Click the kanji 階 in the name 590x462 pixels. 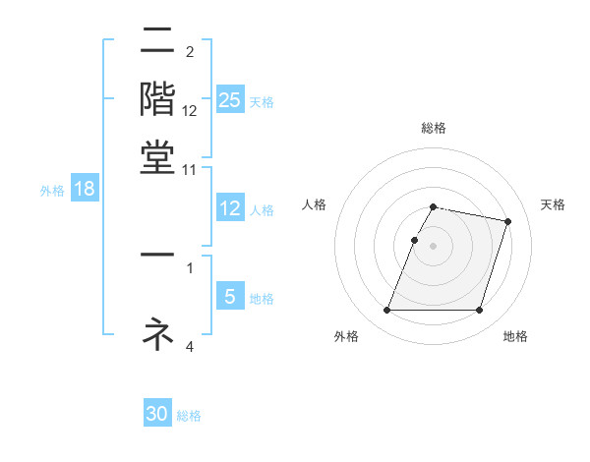pyautogui.click(x=157, y=98)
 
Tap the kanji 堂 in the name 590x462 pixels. pyautogui.click(x=157, y=156)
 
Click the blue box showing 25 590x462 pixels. pyautogui.click(x=230, y=100)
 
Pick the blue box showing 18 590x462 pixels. pyautogui.click(x=85, y=189)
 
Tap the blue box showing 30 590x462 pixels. pyautogui.click(x=157, y=414)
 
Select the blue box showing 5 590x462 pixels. pyautogui.click(x=230, y=297)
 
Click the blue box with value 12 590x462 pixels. pyautogui.click(x=230, y=208)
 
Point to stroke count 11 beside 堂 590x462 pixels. pyautogui.click(x=190, y=170)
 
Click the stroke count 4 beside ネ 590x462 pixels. pyautogui.click(x=190, y=346)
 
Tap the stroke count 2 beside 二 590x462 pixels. pyautogui.click(x=190, y=51)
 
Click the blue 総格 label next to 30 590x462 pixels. pyautogui.click(x=190, y=416)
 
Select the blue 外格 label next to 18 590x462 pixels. pyautogui.click(x=52, y=191)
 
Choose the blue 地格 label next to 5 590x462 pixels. pyautogui.click(x=262, y=299)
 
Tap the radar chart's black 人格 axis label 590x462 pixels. pyautogui.click(x=315, y=204)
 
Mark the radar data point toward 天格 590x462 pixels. pyautogui.click(x=507, y=222)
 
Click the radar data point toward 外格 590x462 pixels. pyautogui.click(x=387, y=311)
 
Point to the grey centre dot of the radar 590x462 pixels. pyautogui.click(x=434, y=246)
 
